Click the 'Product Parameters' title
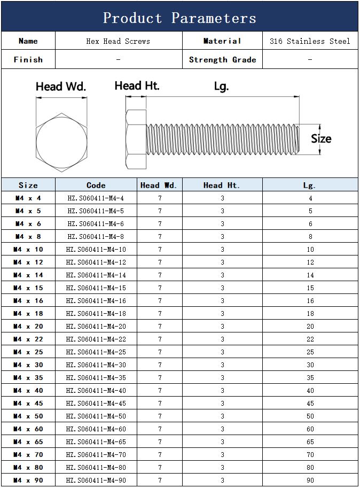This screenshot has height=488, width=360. coord(179,18)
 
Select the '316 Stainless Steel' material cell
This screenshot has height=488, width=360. coord(310,41)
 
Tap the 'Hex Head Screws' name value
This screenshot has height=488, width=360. coord(118,41)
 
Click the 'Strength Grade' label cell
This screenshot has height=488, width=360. coord(223,59)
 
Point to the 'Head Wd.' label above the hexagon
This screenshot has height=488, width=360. coord(61,87)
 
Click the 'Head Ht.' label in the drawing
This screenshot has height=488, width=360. coord(137,86)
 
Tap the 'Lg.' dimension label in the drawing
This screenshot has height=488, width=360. coord(221,87)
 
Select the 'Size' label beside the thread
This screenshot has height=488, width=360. coord(321,139)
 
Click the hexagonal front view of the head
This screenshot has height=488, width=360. coord(61,142)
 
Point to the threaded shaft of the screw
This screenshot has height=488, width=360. coord(223,139)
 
